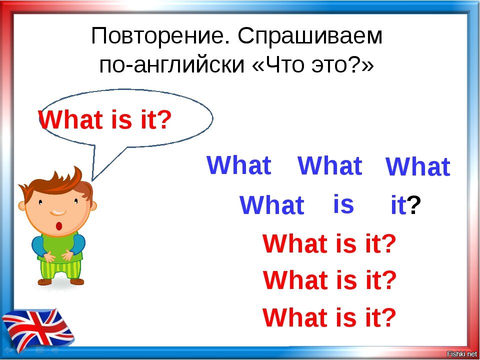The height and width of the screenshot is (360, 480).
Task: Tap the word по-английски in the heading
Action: click(171, 65)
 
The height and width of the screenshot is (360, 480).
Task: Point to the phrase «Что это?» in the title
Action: click(312, 64)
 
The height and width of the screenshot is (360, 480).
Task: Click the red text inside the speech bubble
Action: click(104, 120)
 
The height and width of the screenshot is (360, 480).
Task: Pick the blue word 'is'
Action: click(343, 204)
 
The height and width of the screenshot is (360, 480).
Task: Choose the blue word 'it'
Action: click(399, 205)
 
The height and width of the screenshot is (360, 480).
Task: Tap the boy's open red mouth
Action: click(59, 226)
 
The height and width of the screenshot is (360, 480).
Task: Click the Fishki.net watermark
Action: click(462, 354)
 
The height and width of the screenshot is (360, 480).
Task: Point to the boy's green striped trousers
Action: click(60, 269)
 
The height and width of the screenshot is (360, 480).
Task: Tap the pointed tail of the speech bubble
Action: click(92, 180)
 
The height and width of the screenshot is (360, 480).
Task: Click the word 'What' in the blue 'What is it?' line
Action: click(272, 205)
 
